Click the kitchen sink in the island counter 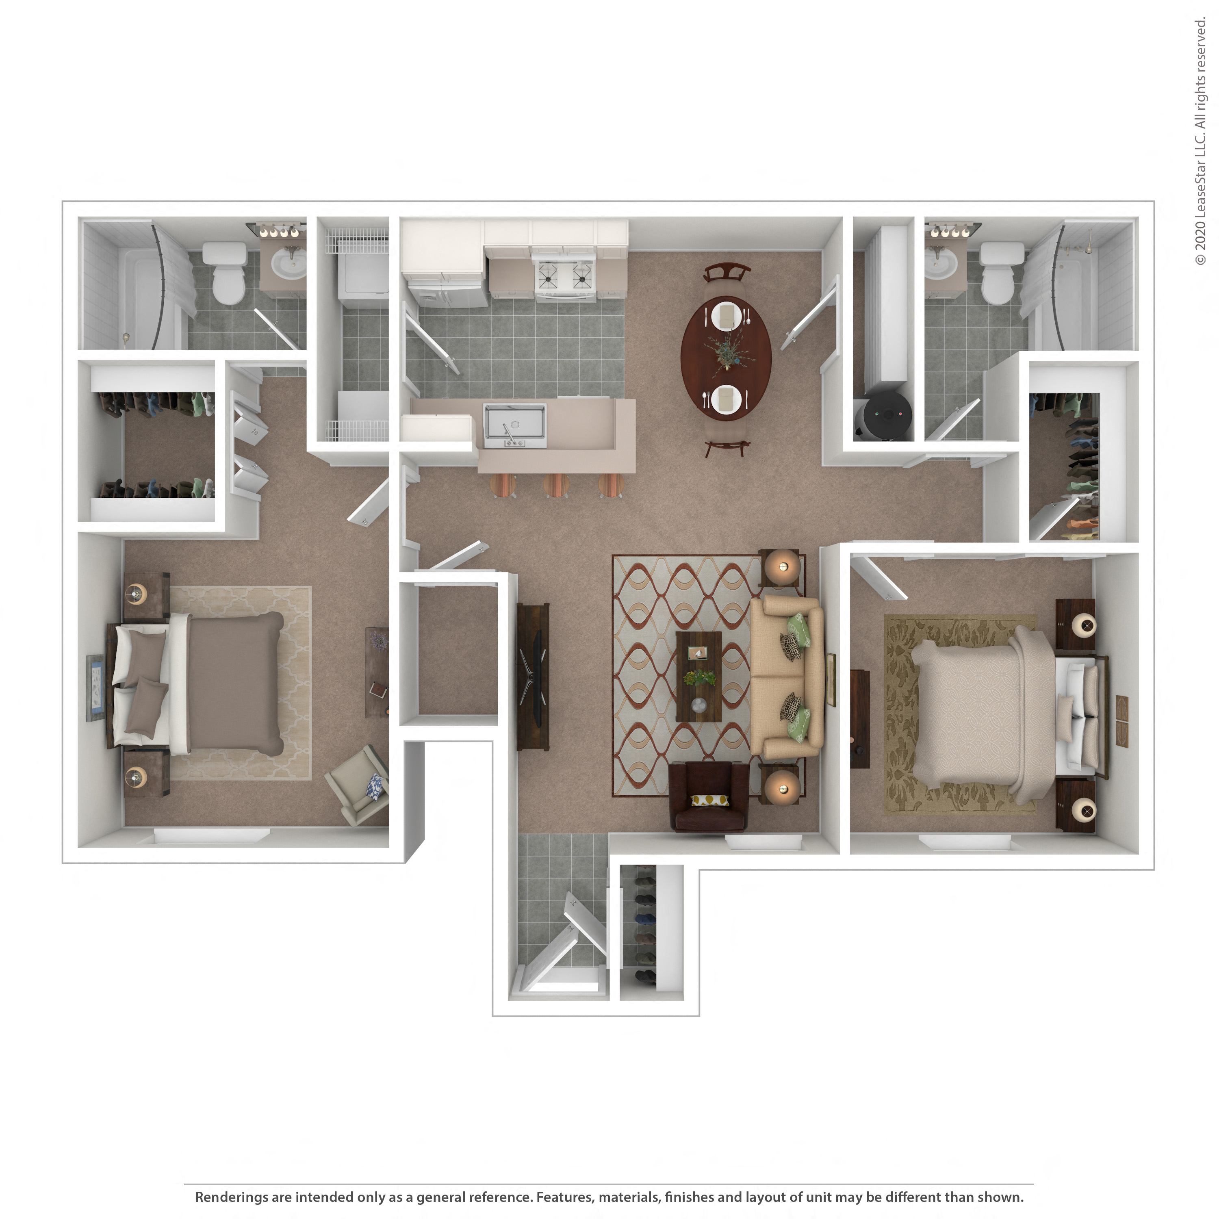[514, 421]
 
